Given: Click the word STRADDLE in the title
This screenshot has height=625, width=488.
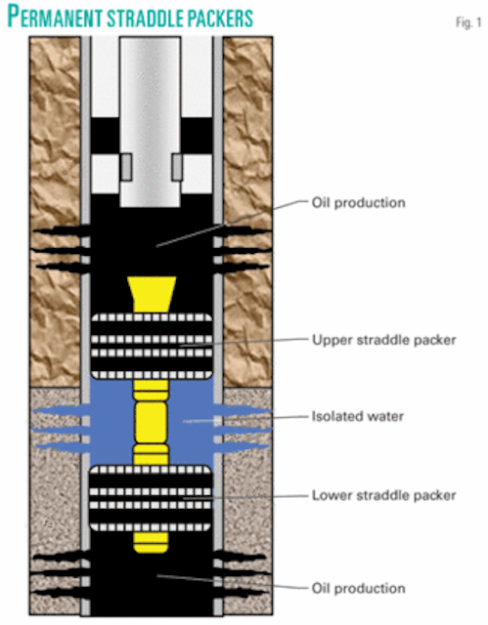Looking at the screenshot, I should click(157, 17).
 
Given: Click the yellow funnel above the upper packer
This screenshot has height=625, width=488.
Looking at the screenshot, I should click(152, 293).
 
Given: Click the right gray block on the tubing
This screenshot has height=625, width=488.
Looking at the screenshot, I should click(177, 166).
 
